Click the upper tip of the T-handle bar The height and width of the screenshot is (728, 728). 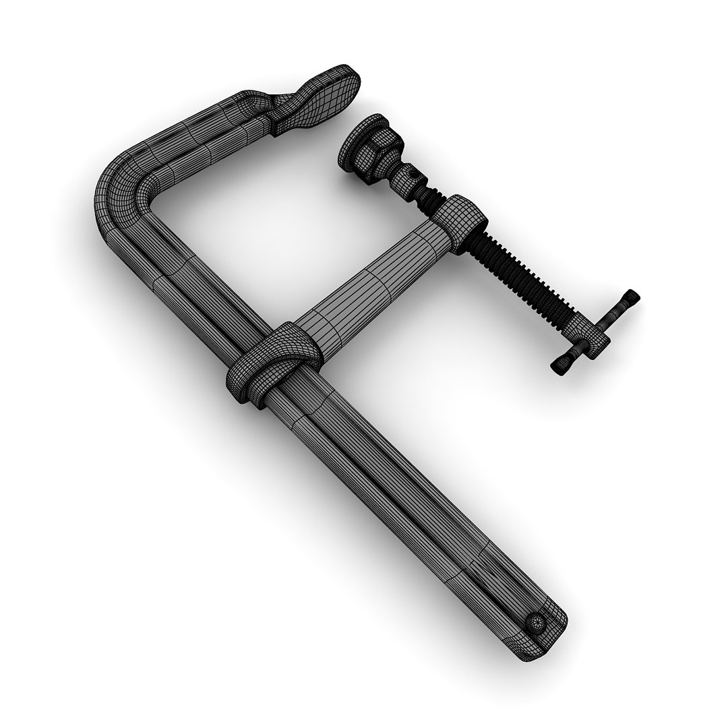(x=631, y=297)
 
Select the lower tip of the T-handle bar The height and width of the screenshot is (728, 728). (x=559, y=366)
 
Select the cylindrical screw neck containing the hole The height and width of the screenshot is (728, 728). (x=404, y=175)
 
